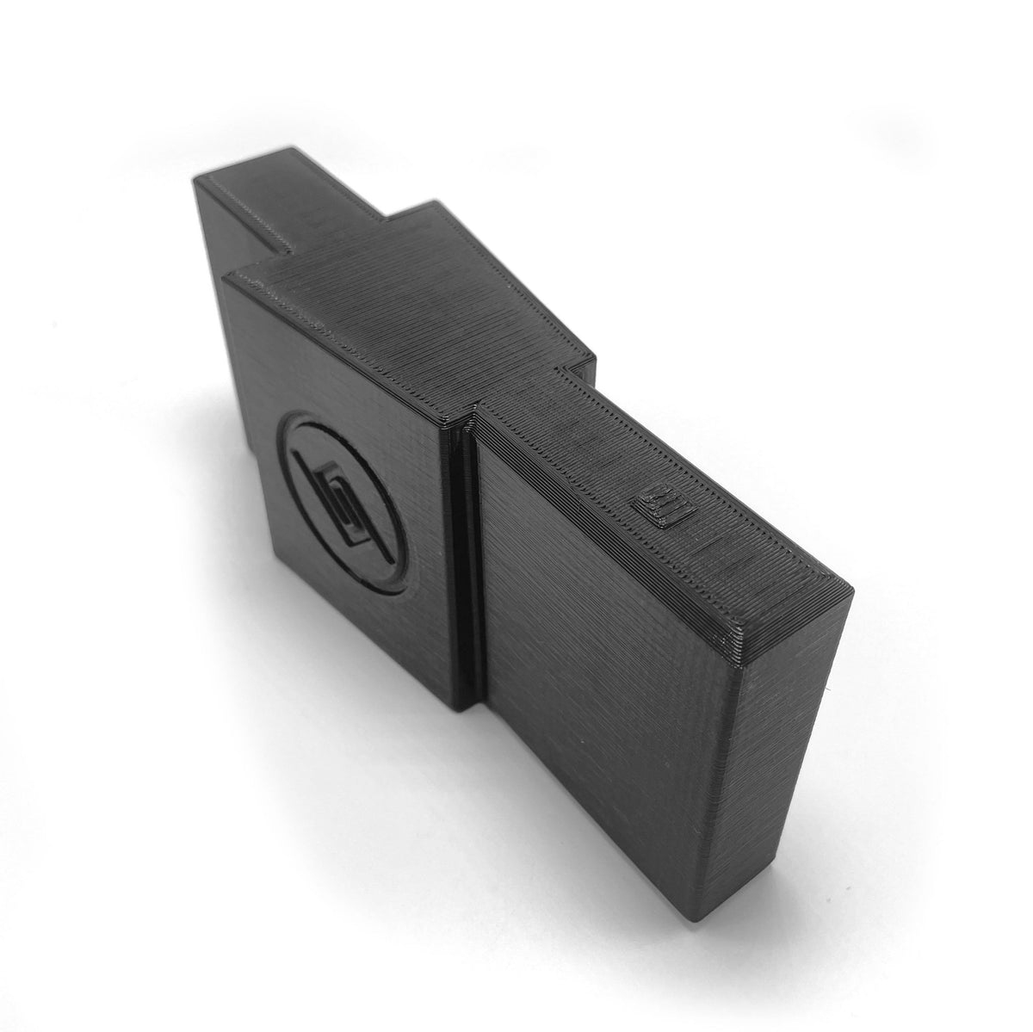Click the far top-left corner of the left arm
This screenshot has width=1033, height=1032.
point(196,179)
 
